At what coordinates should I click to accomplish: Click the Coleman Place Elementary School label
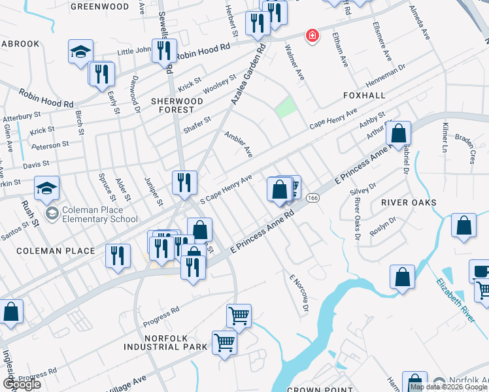click(100, 215)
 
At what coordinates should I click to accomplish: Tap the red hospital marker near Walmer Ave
click(312, 35)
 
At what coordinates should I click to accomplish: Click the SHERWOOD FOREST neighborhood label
click(177, 106)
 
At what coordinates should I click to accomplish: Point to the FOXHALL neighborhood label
click(364, 95)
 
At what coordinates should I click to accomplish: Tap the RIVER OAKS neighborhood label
click(409, 203)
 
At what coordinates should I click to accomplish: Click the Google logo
click(21, 384)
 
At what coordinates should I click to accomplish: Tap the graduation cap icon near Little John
click(80, 52)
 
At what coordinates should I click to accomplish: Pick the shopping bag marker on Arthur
click(398, 135)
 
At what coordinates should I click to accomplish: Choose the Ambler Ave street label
click(239, 144)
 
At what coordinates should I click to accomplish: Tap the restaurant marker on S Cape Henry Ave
click(185, 182)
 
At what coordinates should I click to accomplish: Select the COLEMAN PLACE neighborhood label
click(47, 251)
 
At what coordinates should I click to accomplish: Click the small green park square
click(285, 107)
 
